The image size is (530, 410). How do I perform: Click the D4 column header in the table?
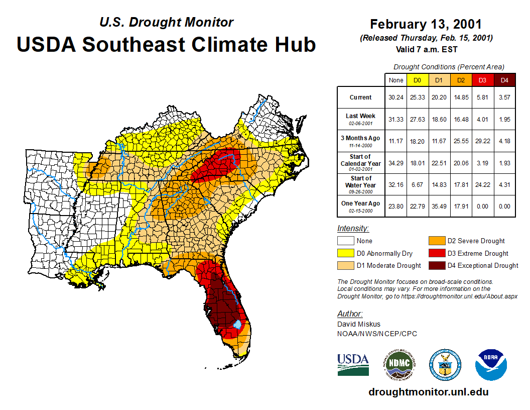pyautogui.click(x=504, y=80)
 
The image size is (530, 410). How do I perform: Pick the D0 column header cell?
pyautogui.click(x=417, y=80)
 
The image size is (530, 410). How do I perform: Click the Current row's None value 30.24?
pyautogui.click(x=395, y=97)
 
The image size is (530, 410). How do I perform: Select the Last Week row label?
pyautogui.click(x=360, y=119)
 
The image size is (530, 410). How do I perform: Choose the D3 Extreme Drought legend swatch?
pyautogui.click(x=436, y=253)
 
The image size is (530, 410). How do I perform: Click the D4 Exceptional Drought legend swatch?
pyautogui.click(x=436, y=265)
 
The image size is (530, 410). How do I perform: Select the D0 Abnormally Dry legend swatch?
pyautogui.click(x=345, y=253)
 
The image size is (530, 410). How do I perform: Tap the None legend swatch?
pyautogui.click(x=345, y=241)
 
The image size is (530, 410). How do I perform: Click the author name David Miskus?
pyautogui.click(x=359, y=324)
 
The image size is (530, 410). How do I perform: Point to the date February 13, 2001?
pyautogui.click(x=426, y=25)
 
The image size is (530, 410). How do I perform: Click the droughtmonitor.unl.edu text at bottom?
pyautogui.click(x=428, y=392)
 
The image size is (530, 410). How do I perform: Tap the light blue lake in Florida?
pyautogui.click(x=237, y=325)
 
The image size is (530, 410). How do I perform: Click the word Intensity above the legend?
pyautogui.click(x=353, y=229)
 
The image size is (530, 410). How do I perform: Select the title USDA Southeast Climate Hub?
pyautogui.click(x=166, y=44)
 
